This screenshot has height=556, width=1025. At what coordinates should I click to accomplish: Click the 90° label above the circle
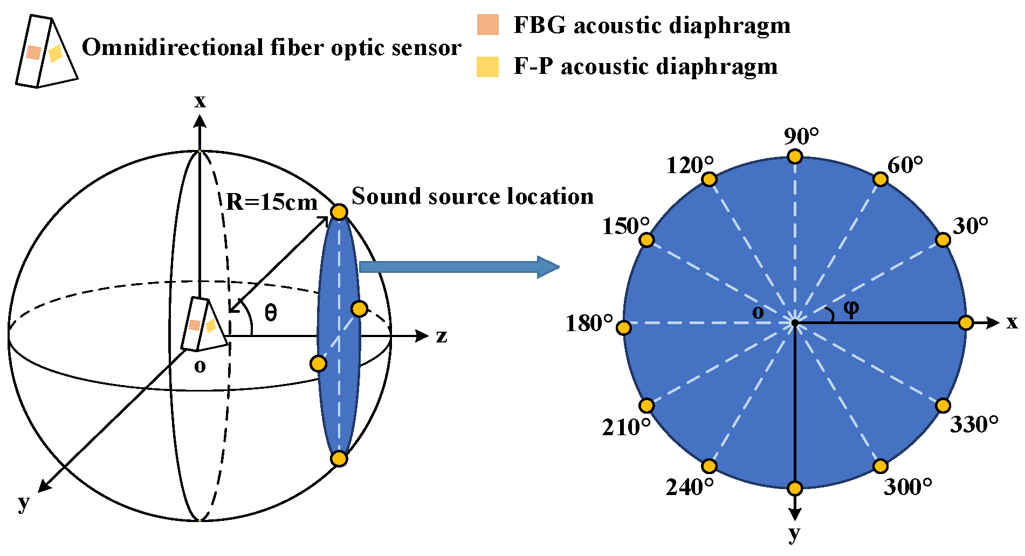click(x=801, y=137)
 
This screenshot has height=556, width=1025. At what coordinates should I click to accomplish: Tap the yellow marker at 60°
click(x=880, y=179)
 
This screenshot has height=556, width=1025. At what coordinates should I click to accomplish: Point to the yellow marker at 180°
click(x=624, y=327)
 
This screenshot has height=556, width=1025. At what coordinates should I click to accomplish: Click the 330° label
click(x=974, y=425)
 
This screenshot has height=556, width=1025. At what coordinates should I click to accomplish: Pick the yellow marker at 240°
click(x=710, y=466)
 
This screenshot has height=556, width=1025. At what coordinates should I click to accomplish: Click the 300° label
click(x=908, y=487)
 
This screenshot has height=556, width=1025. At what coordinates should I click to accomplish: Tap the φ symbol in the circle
click(x=851, y=308)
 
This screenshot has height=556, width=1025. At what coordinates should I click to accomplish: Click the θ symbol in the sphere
click(x=271, y=312)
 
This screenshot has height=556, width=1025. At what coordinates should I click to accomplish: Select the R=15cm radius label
click(x=271, y=202)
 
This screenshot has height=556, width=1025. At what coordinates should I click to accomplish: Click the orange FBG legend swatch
click(x=487, y=25)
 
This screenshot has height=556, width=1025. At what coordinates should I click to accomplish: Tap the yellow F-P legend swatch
click(x=487, y=66)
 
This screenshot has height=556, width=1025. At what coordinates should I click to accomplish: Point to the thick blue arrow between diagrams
click(x=458, y=267)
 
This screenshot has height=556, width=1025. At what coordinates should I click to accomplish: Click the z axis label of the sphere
click(x=442, y=336)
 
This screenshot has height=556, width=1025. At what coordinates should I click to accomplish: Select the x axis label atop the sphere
click(x=200, y=101)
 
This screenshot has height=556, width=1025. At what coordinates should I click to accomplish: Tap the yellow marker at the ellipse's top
click(x=339, y=212)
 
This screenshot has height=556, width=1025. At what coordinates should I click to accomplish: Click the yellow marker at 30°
click(x=943, y=240)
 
